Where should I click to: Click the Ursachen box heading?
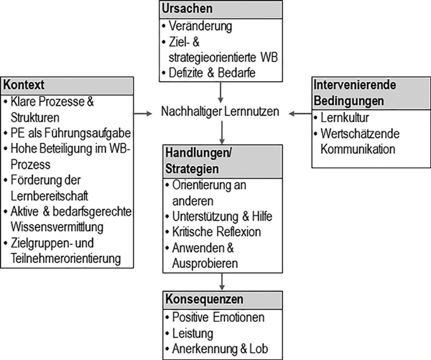pyautogui.click(x=187, y=9)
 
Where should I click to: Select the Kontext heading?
pyautogui.click(x=24, y=85)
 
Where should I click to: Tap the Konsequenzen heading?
pyautogui.click(x=204, y=299)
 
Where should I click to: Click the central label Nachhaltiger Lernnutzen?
pyautogui.click(x=220, y=111)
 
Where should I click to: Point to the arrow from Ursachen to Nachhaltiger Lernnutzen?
pyautogui.click(x=221, y=92)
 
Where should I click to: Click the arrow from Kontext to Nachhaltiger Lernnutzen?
pyautogui.click(x=143, y=114)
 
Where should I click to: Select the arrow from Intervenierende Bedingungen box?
pyautogui.click(x=300, y=114)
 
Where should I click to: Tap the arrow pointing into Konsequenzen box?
pyautogui.click(x=222, y=282)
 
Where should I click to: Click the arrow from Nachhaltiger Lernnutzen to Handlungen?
pyautogui.click(x=222, y=132)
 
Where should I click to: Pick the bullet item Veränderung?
pyautogui.click(x=200, y=26)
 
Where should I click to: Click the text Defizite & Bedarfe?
pyautogui.click(x=212, y=73)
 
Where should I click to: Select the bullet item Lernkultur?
pyautogui.click(x=345, y=118)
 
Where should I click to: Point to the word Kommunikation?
pyautogui.click(x=358, y=149)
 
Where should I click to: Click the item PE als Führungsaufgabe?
pyautogui.click(x=70, y=133)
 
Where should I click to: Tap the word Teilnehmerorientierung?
pyautogui.click(x=65, y=259)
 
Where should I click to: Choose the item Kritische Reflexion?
pyautogui.click(x=217, y=232)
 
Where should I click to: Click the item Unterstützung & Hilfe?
pyautogui.click(x=222, y=216)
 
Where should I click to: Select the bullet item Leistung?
pyautogui.click(x=193, y=333)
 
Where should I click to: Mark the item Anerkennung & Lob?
pyautogui.click(x=220, y=349)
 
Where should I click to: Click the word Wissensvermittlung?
pyautogui.click(x=57, y=227)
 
